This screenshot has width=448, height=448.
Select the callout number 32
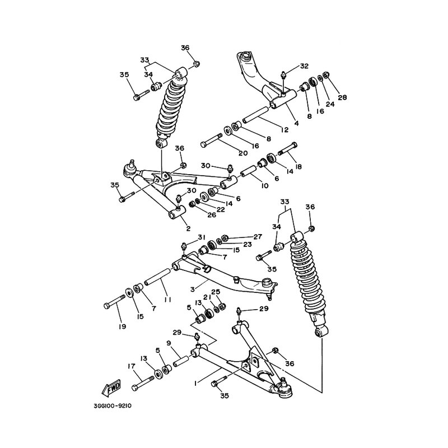(x=304, y=66)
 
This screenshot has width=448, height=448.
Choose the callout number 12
(x=284, y=130)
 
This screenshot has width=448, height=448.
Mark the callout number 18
(x=298, y=167)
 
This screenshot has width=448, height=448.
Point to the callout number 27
(x=258, y=237)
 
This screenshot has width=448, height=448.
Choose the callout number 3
(x=192, y=289)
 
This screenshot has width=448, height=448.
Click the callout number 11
(x=167, y=300)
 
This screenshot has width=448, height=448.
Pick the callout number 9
(x=168, y=343)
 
